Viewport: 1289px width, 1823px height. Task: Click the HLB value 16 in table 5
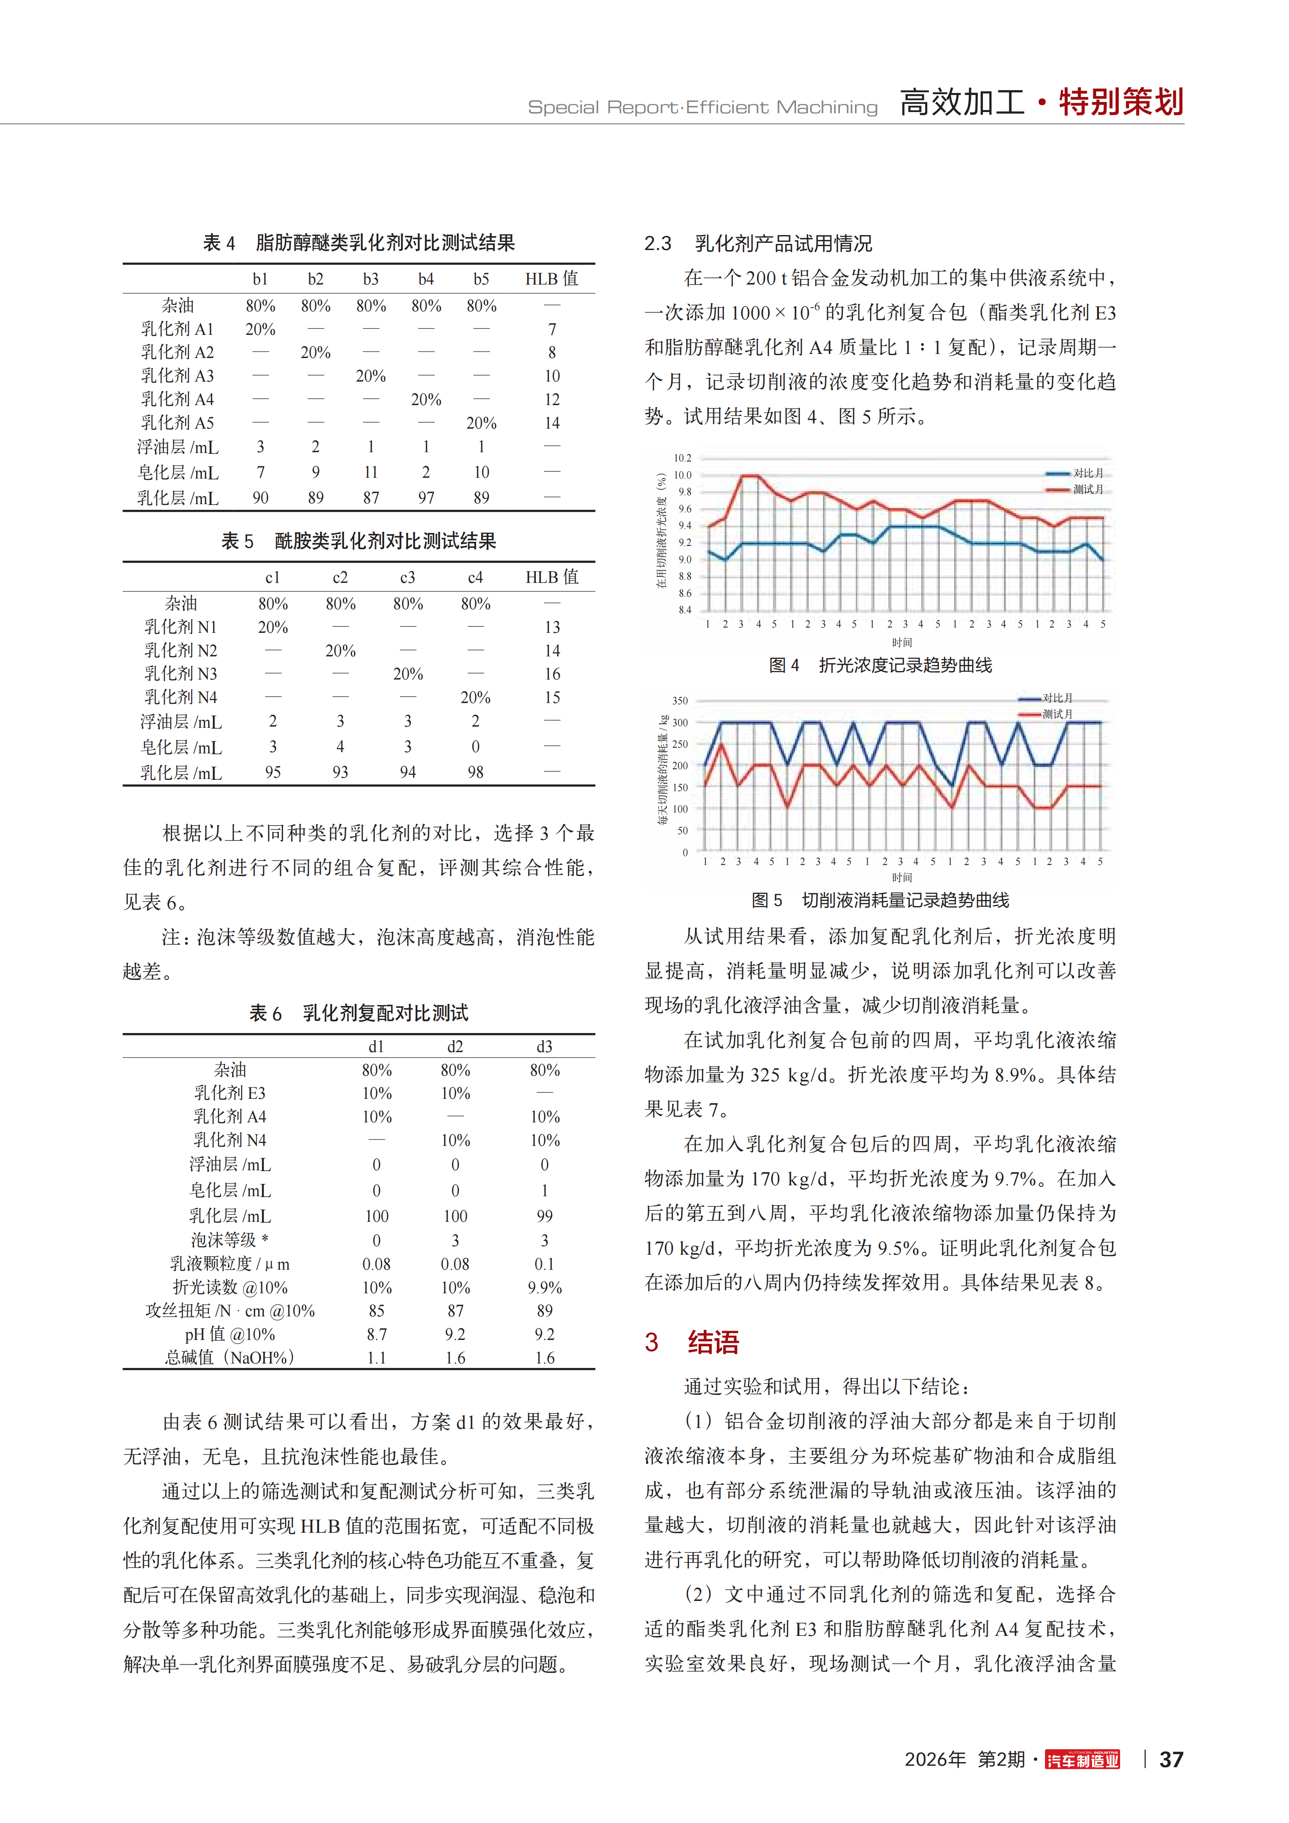(x=552, y=674)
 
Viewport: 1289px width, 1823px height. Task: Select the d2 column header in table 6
(x=455, y=1046)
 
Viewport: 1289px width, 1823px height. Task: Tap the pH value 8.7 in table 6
(x=376, y=1335)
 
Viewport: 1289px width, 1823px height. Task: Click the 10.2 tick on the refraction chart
(x=682, y=458)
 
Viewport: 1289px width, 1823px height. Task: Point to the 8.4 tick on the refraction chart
(x=684, y=610)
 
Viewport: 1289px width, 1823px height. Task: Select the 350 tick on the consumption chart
(x=680, y=701)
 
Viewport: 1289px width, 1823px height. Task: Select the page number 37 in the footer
(x=1171, y=1760)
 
